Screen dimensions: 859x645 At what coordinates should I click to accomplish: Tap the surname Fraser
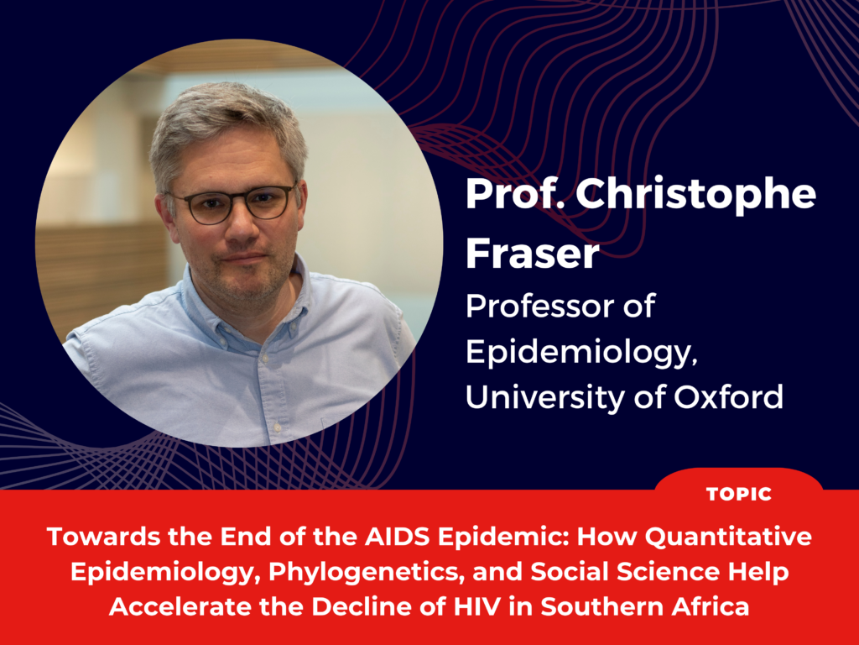point(533,254)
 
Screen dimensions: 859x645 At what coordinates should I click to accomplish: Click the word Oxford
point(729,396)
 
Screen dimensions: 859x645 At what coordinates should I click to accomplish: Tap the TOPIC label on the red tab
point(739,494)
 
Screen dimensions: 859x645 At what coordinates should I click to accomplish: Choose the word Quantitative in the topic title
point(729,537)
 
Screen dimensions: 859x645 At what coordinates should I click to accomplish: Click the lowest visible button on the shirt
point(278,426)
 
